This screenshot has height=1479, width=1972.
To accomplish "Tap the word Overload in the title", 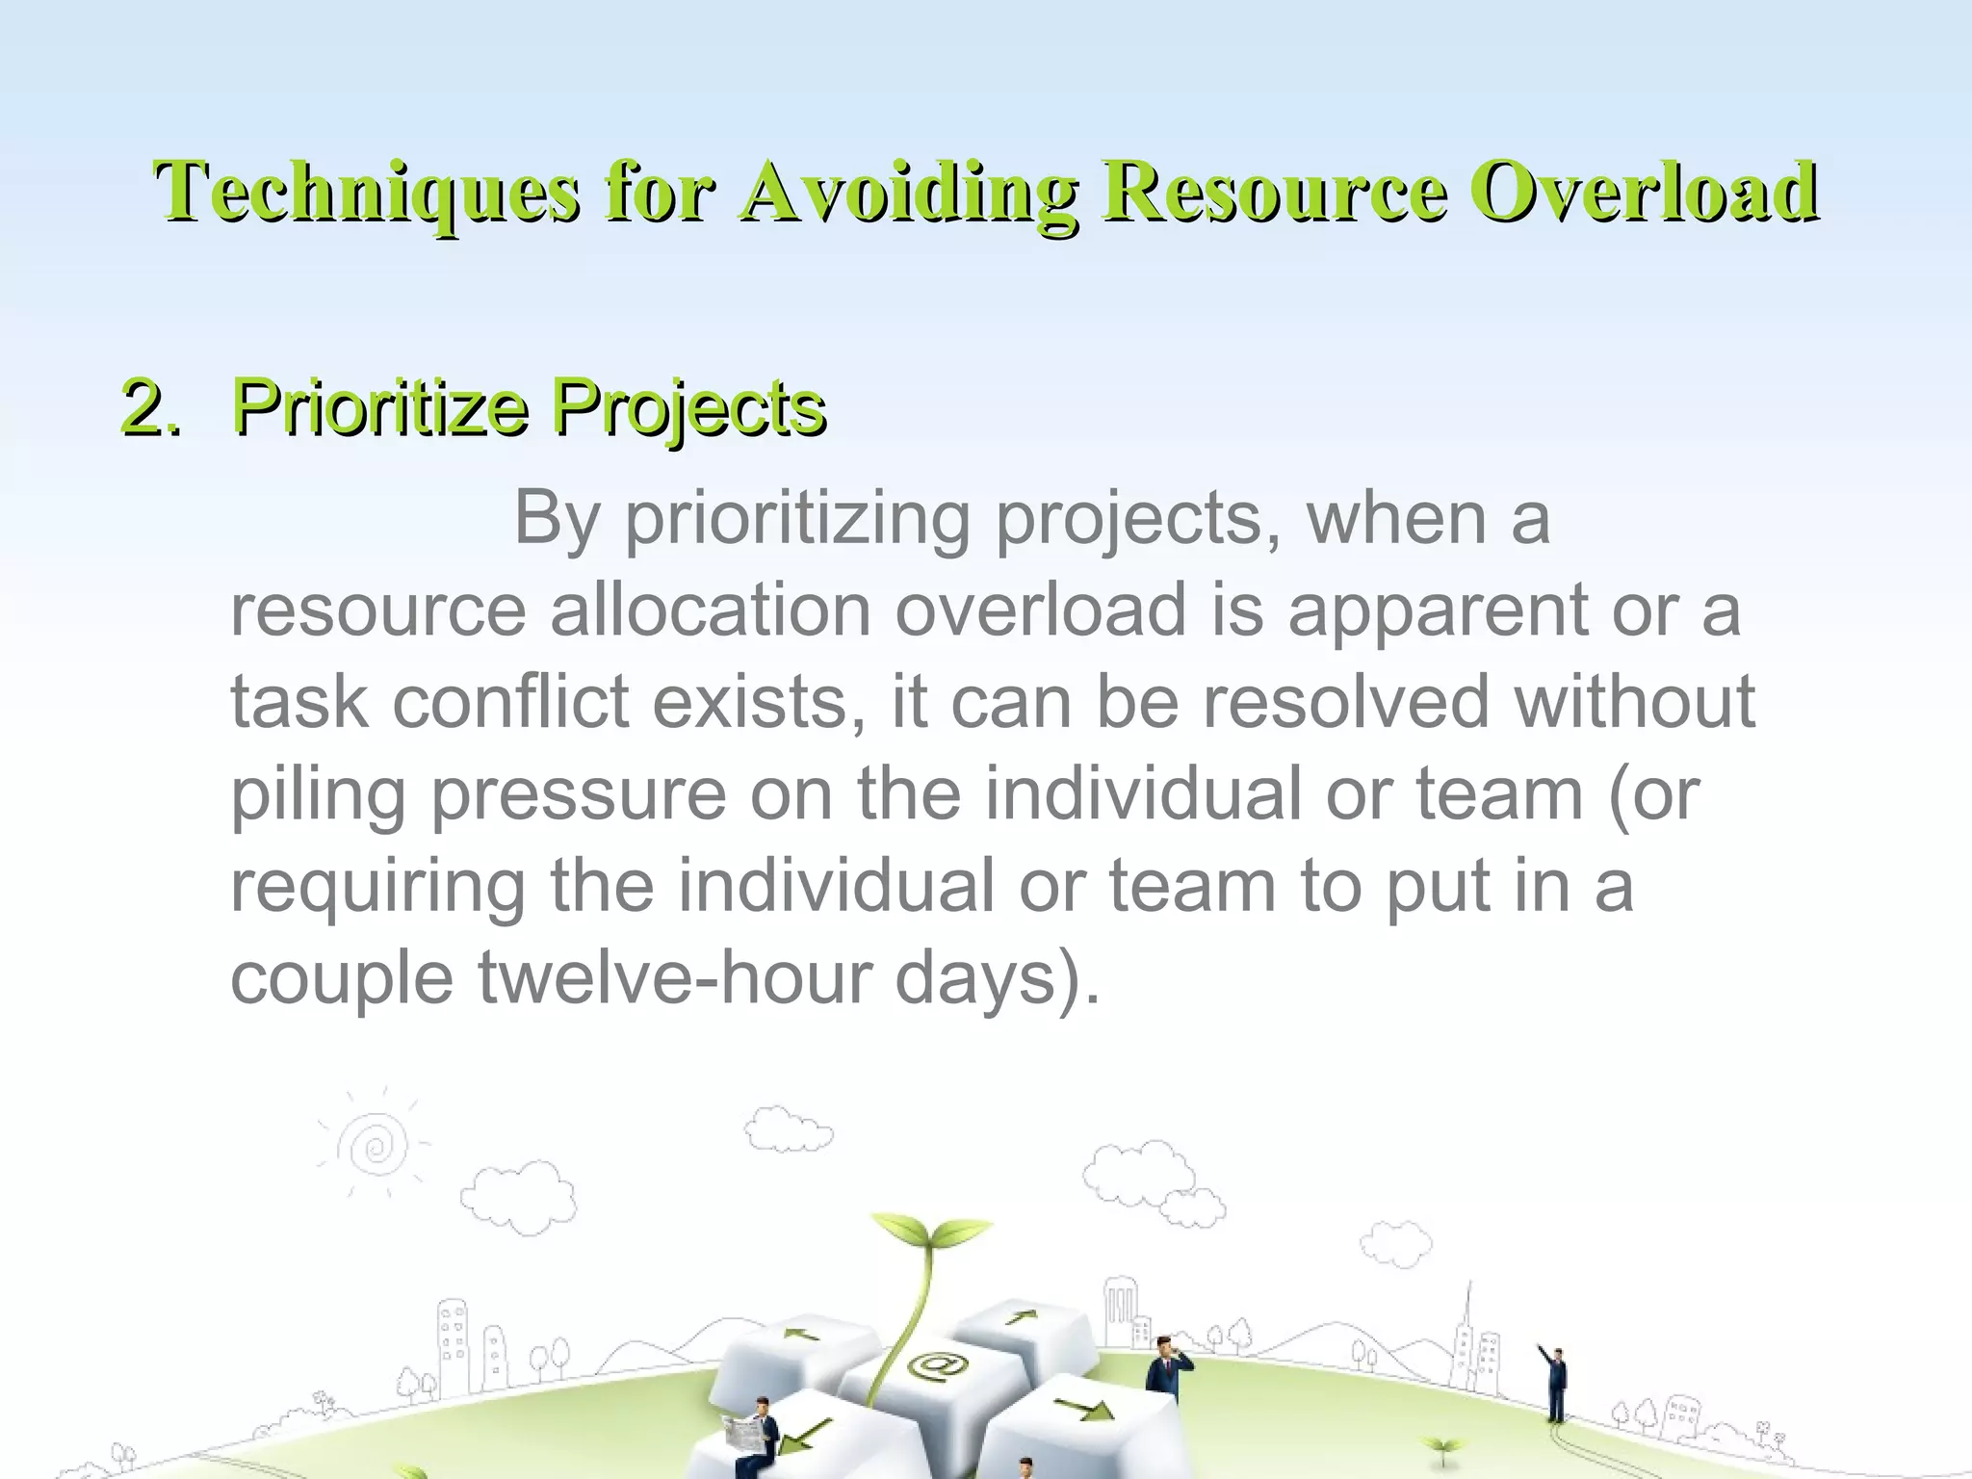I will point(1647,192).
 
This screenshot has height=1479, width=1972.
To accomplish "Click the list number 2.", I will point(150,407).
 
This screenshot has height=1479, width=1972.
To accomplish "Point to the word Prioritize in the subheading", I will point(379,407).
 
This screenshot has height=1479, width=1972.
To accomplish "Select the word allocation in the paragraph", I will point(710,610).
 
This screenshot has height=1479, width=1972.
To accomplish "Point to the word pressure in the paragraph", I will point(578,795).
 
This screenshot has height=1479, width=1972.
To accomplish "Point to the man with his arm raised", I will point(1554,1383).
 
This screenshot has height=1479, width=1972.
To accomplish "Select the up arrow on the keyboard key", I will point(1023,1317).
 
